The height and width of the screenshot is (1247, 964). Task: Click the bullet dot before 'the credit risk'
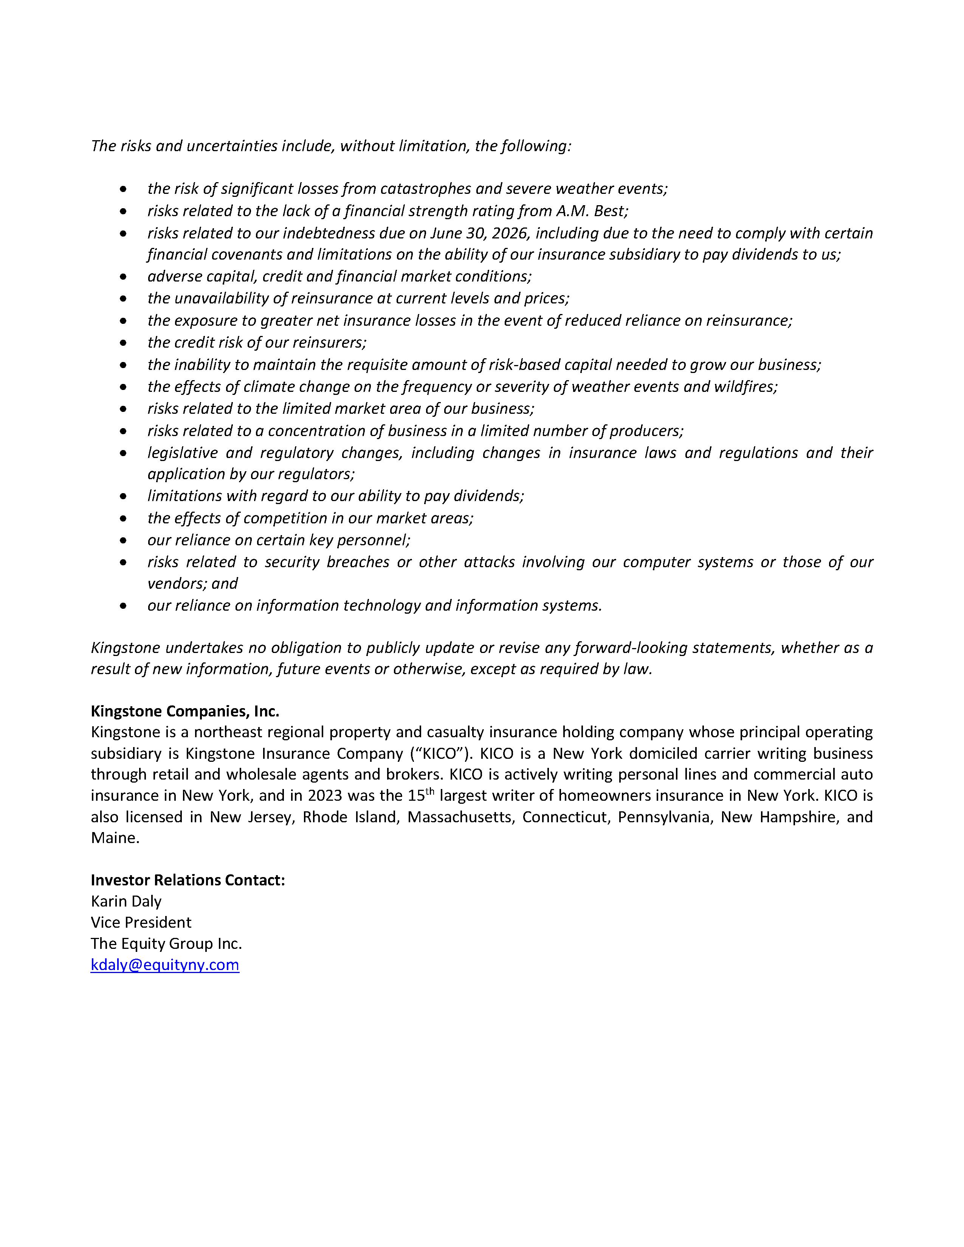click(x=123, y=343)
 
